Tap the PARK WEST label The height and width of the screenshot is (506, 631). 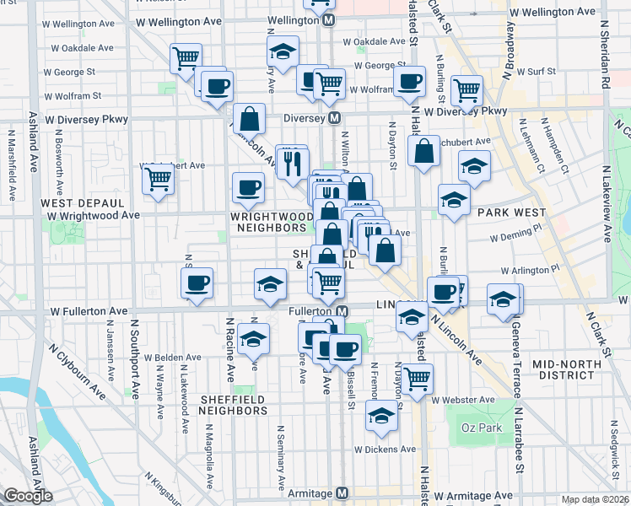[x=510, y=213]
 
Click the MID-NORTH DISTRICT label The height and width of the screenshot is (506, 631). [x=565, y=369]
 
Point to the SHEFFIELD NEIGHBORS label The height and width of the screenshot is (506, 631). [x=233, y=405]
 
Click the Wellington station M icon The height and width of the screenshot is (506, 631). [x=329, y=19]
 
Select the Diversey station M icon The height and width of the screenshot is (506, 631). [x=335, y=118]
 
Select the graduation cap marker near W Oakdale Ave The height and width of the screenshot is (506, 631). [x=283, y=51]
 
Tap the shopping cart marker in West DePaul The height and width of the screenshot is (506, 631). [x=158, y=179]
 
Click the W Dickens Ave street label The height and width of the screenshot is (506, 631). [x=385, y=449]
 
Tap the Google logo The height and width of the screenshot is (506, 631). [x=28, y=496]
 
